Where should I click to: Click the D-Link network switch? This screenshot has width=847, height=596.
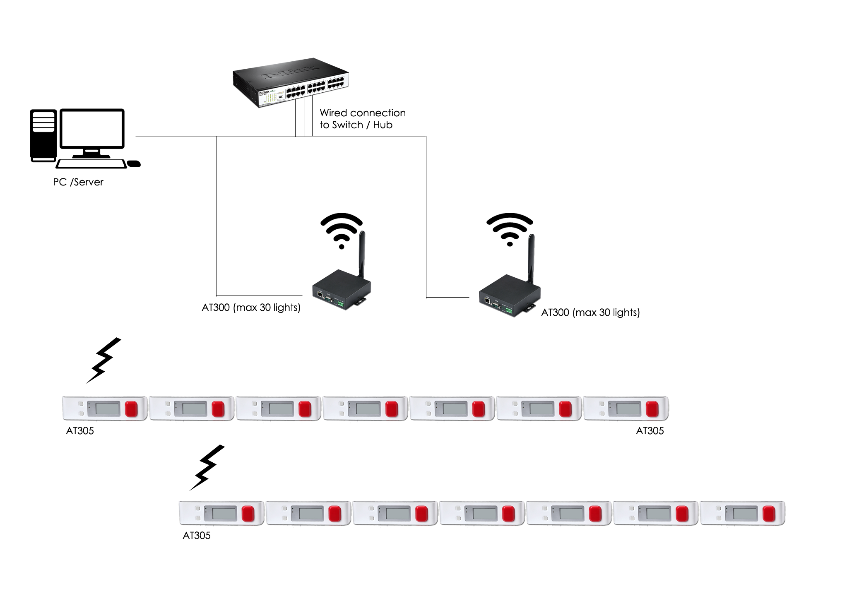[290, 83]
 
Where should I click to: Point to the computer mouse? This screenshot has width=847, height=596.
[133, 164]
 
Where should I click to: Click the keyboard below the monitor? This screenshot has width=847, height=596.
[91, 163]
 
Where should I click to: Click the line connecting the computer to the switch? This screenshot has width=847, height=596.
[178, 137]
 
